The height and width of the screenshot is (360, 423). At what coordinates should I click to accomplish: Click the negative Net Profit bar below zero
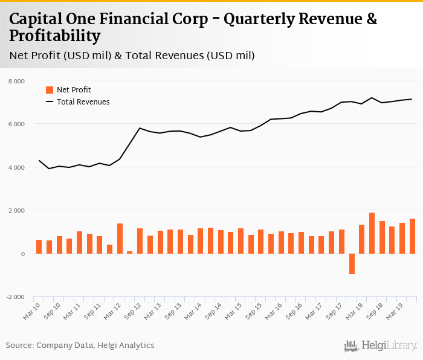point(352,264)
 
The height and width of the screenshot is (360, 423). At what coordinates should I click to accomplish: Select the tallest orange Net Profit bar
point(372,233)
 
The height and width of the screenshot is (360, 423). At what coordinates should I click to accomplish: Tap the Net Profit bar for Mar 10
point(39,246)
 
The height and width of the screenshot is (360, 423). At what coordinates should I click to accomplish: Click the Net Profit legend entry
point(68,90)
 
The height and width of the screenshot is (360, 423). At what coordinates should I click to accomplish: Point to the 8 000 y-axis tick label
point(16,81)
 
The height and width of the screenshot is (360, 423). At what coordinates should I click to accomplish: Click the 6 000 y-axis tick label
point(16,124)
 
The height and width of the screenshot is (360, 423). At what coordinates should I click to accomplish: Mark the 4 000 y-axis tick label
point(16,167)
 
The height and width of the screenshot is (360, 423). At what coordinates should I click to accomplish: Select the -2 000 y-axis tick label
point(15,297)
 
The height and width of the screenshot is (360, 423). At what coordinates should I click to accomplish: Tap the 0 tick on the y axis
point(22,254)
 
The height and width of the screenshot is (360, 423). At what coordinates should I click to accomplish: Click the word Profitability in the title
point(55,36)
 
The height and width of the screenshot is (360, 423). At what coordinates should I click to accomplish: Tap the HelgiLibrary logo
point(380,346)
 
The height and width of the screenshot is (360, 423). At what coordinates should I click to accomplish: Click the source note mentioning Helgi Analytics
point(80,346)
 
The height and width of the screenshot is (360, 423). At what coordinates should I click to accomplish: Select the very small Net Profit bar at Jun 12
point(130,252)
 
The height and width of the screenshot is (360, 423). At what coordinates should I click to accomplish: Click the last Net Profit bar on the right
point(412,236)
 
